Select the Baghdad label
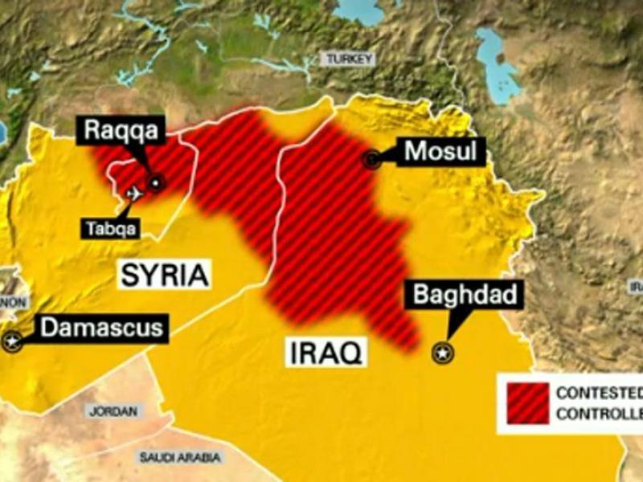coord(464,295)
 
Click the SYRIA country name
coord(166,276)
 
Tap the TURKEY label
coord(347,59)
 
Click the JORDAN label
coord(113,411)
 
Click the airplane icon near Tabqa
coord(134,194)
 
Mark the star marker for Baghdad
coord(441,352)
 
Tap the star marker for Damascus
coord(11,341)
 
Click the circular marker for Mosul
coord(371,159)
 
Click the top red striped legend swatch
coord(527,394)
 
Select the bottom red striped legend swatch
coord(527,414)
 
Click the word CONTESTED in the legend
coord(599,394)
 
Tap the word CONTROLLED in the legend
coord(599,415)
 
